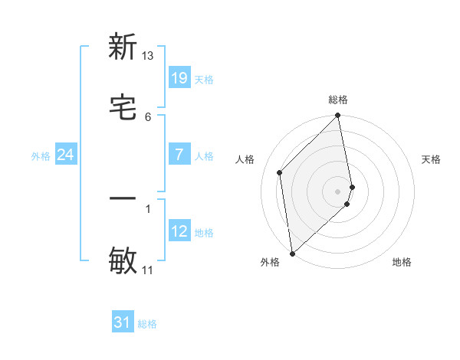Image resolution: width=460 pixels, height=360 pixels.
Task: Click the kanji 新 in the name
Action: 123,47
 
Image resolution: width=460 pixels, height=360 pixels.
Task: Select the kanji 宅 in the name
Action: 123,107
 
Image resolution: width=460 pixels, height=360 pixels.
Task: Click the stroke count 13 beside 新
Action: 148,56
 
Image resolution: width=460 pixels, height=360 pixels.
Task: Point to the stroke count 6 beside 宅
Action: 148,116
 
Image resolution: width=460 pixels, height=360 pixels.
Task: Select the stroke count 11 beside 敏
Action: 148,270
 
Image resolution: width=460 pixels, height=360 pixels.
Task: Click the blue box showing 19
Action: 179,78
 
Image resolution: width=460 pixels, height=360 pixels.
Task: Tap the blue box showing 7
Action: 179,155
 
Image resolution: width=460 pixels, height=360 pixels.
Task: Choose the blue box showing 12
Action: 179,231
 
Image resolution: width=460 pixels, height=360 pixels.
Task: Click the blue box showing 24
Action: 65,155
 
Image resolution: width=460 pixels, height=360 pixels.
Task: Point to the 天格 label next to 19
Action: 204,79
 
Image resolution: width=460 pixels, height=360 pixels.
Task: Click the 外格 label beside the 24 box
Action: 41,155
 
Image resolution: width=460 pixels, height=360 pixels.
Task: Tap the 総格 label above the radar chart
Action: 338,100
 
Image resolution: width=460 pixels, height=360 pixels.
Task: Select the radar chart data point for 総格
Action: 338,116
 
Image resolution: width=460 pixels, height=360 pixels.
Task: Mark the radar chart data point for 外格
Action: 292,253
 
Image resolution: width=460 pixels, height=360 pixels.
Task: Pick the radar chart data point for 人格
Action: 280,172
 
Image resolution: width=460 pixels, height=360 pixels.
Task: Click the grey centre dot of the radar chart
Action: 338,191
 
